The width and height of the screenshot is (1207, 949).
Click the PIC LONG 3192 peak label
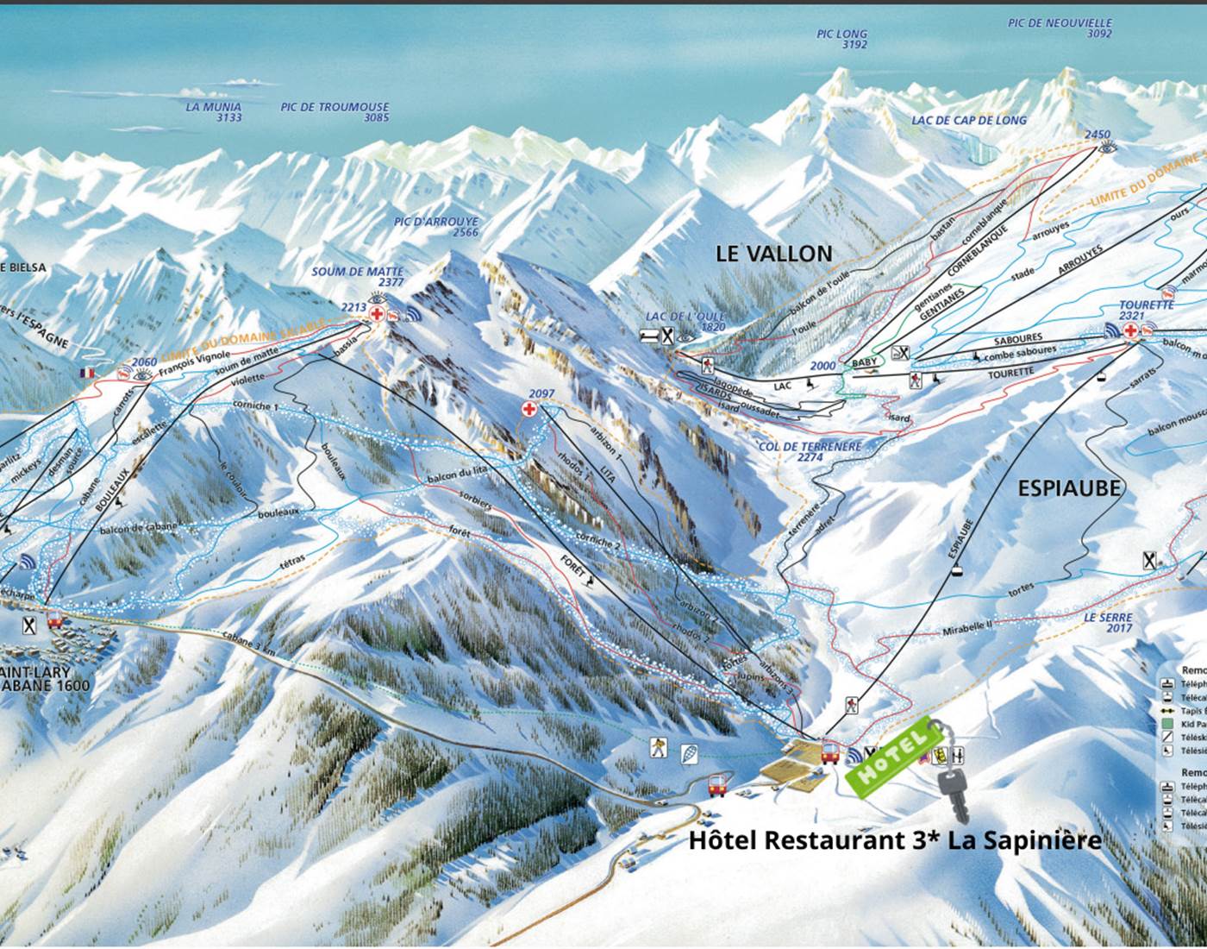click(841, 40)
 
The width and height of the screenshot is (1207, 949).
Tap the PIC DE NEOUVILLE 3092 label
click(1060, 28)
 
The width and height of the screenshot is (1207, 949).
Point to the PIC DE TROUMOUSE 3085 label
click(335, 112)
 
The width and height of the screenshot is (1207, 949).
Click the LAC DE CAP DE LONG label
click(969, 120)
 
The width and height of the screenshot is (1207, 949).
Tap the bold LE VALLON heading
click(773, 253)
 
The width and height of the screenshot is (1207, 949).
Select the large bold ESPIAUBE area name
click(1069, 488)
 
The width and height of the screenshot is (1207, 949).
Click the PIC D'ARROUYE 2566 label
click(435, 227)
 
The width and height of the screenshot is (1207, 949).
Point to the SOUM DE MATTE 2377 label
click(357, 277)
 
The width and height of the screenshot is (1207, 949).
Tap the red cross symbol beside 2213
click(377, 315)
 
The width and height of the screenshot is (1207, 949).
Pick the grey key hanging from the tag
click(954, 794)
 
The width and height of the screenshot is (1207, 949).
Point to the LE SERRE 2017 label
click(1108, 623)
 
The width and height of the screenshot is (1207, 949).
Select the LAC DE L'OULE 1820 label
click(685, 322)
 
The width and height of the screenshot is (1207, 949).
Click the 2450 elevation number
click(1098, 135)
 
